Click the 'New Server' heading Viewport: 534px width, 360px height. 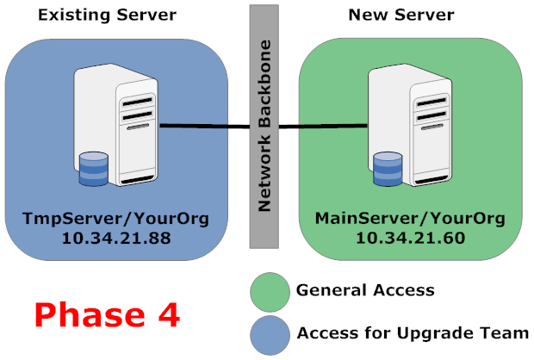click(x=400, y=16)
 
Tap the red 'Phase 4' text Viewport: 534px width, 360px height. click(x=108, y=313)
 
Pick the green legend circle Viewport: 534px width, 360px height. click(x=269, y=291)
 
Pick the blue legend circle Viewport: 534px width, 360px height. click(x=269, y=333)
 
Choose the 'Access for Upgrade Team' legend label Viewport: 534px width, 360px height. click(x=413, y=333)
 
